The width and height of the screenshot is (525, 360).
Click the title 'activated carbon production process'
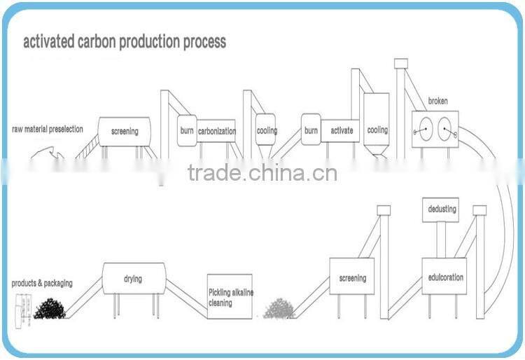tap(125, 42)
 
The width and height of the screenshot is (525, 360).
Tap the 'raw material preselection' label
tap(48, 129)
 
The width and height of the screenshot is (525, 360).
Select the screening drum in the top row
tap(124, 131)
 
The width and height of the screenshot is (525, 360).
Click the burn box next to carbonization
tap(186, 131)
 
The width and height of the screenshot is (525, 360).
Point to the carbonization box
tap(216, 131)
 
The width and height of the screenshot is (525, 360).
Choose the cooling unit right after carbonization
tap(266, 130)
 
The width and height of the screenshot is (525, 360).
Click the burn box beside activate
tap(311, 130)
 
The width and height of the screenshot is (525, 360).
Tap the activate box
tap(342, 130)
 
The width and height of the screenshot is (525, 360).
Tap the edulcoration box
tap(445, 277)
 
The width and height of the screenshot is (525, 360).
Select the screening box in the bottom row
tap(352, 277)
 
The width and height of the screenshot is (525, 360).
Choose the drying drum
tap(134, 279)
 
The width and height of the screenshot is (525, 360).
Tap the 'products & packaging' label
tap(42, 284)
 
